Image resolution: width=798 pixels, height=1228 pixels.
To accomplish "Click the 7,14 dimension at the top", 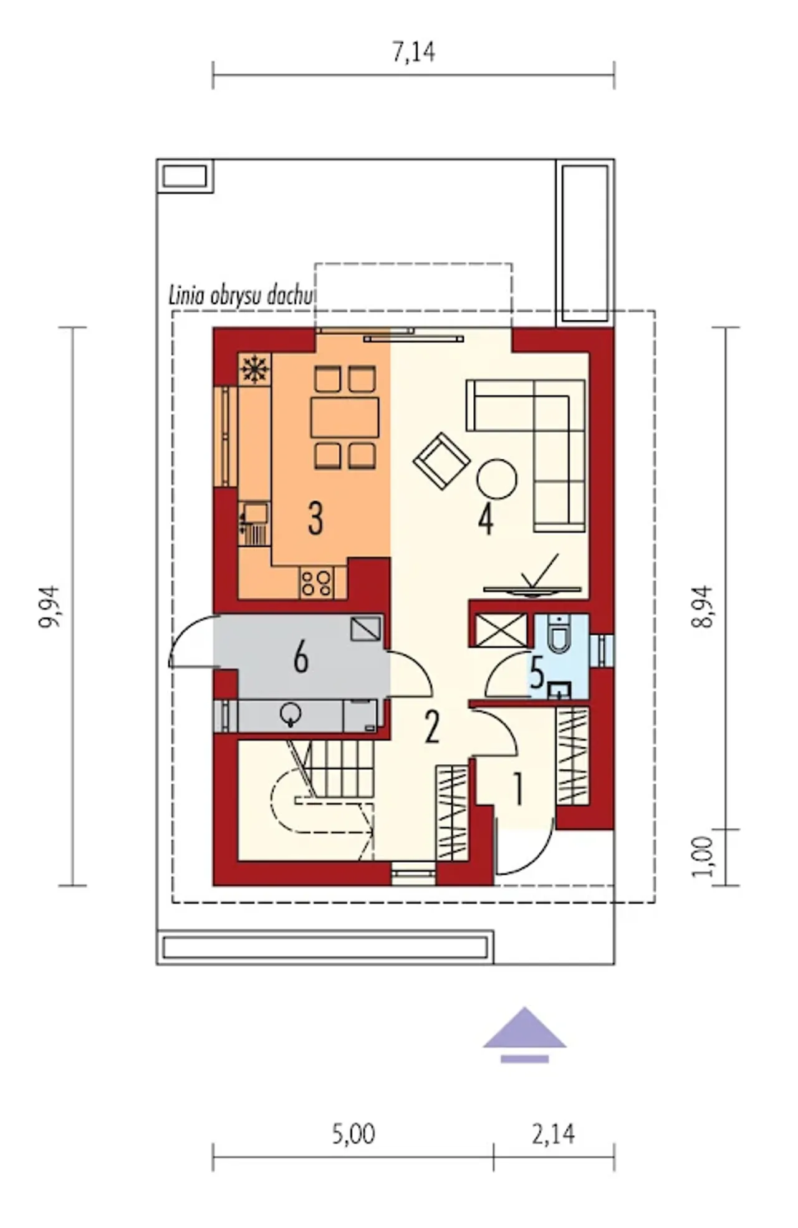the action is (x=413, y=52).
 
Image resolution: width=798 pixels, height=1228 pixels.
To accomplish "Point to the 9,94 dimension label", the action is (x=50, y=606).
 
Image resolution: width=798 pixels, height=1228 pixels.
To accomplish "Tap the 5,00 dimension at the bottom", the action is (x=353, y=1133).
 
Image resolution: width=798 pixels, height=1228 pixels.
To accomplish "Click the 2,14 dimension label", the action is (x=553, y=1133).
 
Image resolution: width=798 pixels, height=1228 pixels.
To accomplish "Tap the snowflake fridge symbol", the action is (x=254, y=369).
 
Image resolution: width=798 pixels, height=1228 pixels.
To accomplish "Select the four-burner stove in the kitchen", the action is (x=316, y=583).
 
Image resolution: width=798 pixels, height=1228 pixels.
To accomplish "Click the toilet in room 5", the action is (x=559, y=634).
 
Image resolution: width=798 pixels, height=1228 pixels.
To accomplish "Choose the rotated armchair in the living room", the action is (x=441, y=461).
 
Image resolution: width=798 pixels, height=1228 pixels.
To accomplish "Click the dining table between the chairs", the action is (x=345, y=417).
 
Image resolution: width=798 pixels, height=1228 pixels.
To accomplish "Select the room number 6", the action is (x=301, y=657).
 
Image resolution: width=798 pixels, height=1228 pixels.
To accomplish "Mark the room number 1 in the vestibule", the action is (x=517, y=789).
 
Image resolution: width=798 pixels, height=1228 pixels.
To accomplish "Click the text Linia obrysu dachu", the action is (x=240, y=295).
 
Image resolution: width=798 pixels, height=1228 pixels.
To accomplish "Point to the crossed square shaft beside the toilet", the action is (x=501, y=630).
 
